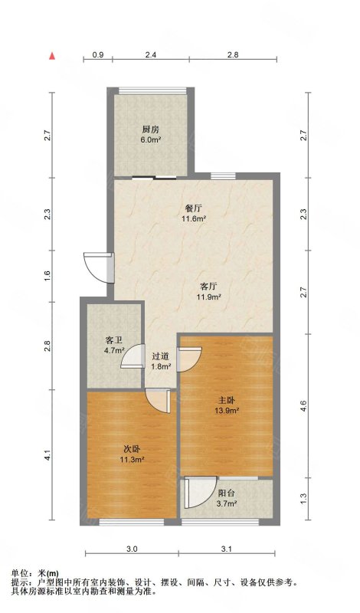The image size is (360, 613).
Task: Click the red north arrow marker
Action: point(51,56)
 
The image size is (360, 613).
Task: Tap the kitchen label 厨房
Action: point(150,129)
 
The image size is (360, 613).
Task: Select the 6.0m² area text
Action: point(151,139)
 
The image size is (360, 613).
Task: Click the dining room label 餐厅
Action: point(194,208)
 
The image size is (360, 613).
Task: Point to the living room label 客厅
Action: point(208,287)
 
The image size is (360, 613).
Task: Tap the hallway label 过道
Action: point(160,356)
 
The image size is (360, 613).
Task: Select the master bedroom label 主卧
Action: point(226,401)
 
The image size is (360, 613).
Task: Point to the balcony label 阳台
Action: point(226,493)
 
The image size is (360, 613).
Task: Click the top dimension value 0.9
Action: point(98,54)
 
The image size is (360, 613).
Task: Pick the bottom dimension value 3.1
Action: point(227,549)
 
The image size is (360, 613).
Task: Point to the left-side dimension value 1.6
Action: point(47,276)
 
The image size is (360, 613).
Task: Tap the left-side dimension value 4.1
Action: point(47,455)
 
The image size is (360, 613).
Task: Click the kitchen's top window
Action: point(152,91)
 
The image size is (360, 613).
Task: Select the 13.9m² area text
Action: point(227,411)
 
